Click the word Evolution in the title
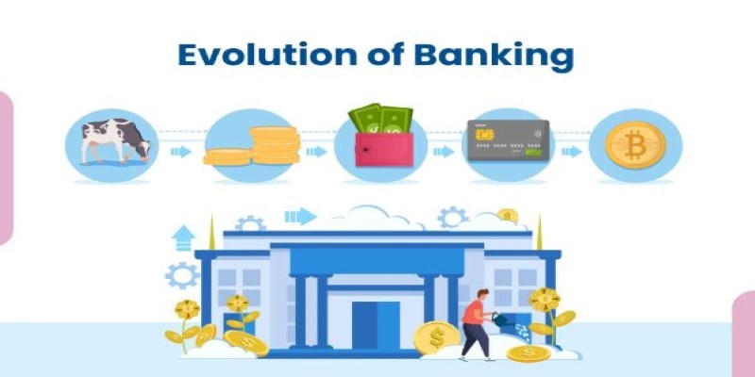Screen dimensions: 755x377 267,56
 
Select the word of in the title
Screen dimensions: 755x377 385,56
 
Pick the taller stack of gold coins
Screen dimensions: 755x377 275,145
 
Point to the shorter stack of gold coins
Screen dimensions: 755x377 227,156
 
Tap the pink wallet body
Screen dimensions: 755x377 384,150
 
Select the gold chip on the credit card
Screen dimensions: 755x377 484,134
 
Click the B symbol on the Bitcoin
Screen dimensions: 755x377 635,145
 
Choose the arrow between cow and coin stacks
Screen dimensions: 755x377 180,152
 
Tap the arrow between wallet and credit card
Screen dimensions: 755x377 444,152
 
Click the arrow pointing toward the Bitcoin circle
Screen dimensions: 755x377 572,152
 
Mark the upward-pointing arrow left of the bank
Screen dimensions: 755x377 183,238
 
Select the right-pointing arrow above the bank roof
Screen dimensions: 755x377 300,216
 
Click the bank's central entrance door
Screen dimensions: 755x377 376,325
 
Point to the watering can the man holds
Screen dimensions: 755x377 502,320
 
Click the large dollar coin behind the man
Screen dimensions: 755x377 437,337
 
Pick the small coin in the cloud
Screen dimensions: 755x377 508,215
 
